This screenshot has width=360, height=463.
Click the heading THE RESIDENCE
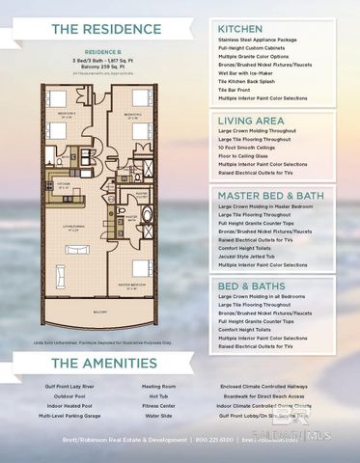[101, 30]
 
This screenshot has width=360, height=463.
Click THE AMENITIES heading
[101, 364]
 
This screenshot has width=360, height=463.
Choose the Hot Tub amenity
[159, 396]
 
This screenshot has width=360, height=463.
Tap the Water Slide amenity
[159, 416]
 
